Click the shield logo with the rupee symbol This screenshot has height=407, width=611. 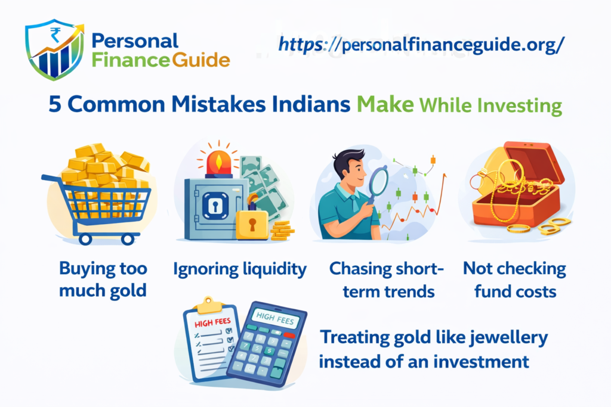(x=54, y=49)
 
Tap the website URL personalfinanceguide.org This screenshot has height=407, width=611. (x=421, y=45)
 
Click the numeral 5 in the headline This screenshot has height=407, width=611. (x=55, y=105)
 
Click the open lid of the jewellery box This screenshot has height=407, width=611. (x=534, y=162)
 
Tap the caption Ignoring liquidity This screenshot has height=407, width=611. (x=240, y=269)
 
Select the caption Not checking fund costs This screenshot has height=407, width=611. (x=515, y=279)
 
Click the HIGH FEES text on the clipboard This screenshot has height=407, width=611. (x=212, y=322)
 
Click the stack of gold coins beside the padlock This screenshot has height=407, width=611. (x=282, y=230)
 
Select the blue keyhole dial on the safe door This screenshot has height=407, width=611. (x=215, y=206)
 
